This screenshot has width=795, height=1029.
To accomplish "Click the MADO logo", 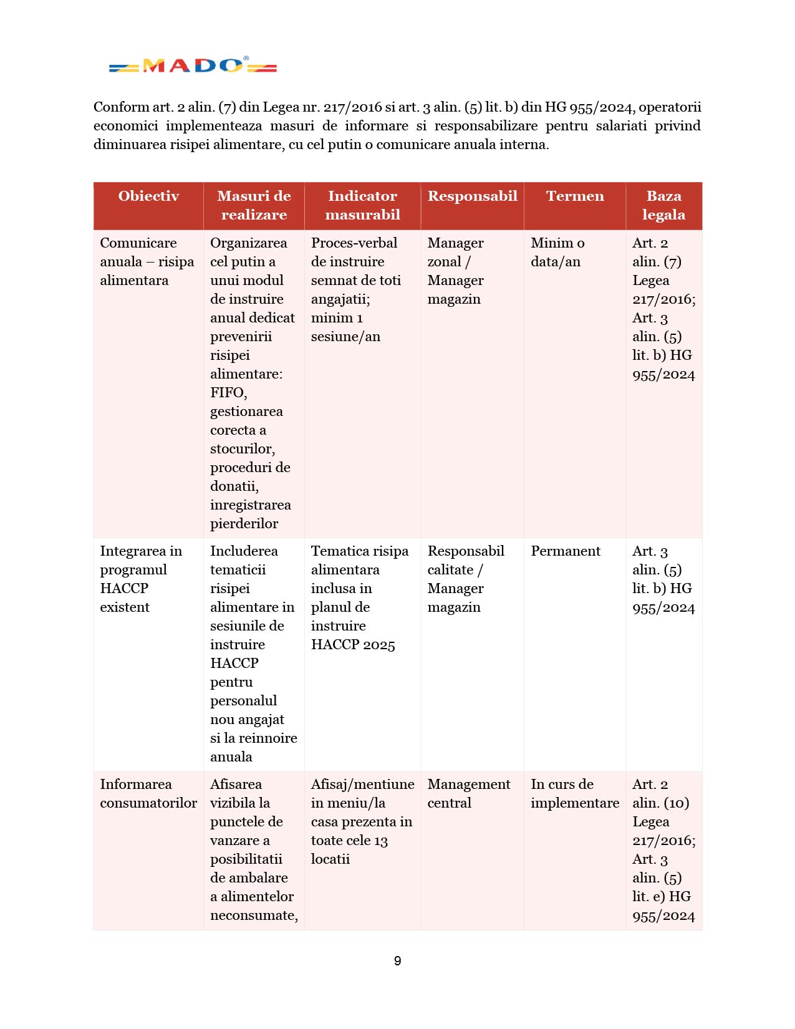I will coord(193,65).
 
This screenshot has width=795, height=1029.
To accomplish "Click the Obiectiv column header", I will coord(148,196).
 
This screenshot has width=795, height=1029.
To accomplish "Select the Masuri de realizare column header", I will coord(254,205).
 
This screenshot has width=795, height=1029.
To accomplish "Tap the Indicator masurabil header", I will coord(362,205).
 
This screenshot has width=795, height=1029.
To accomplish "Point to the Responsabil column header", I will coord(472,196).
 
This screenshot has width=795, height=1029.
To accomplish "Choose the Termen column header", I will coord(575,196).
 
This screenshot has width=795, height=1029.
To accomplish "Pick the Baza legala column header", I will coord(663,205).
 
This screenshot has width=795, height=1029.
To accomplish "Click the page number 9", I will coord(398,961).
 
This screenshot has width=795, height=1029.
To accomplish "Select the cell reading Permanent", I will coord(566,551).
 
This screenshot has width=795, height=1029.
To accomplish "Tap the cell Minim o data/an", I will coord(557,253).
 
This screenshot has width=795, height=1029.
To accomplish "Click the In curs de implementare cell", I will coord(574,794).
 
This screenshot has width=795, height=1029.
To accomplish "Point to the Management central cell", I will coord(468,794).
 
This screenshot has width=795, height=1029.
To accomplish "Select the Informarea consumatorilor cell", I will coord(148,794).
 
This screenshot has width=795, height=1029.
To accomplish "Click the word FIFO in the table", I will coord(228,393).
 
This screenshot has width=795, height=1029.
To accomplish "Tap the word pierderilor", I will coord(244,524).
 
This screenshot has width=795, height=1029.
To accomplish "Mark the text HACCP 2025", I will coord(353,645).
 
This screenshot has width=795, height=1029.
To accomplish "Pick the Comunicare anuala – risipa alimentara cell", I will coord(147,262).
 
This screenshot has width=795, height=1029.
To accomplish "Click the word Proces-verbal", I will coord(354,243).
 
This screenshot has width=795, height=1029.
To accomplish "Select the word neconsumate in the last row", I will coord(253,915).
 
